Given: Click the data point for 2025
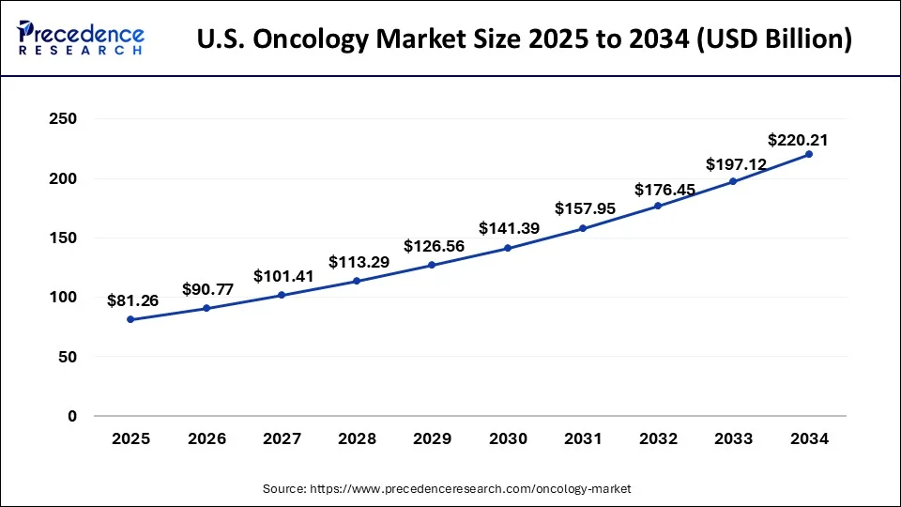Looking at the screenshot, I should pyautogui.click(x=130, y=320).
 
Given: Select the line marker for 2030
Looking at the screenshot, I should pyautogui.click(x=508, y=248).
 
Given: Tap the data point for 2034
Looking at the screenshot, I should pyautogui.click(x=809, y=154).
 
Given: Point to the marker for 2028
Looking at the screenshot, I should pyautogui.click(x=357, y=281).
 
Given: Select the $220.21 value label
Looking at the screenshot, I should pyautogui.click(x=797, y=141).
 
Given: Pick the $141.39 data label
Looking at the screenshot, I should pyautogui.click(x=509, y=228).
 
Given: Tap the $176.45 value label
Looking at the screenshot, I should pyautogui.click(x=664, y=190).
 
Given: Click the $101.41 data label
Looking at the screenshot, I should pyautogui.click(x=283, y=276).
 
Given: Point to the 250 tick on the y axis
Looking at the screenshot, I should pyautogui.click(x=63, y=119).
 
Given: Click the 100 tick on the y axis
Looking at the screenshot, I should pyautogui.click(x=63, y=298).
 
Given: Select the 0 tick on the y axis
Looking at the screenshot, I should pyautogui.click(x=71, y=416).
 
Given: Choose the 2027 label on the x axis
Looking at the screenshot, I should pyautogui.click(x=282, y=438).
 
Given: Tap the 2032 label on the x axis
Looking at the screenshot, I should pyautogui.click(x=658, y=438).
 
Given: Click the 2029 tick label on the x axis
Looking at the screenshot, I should pyautogui.click(x=432, y=438).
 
